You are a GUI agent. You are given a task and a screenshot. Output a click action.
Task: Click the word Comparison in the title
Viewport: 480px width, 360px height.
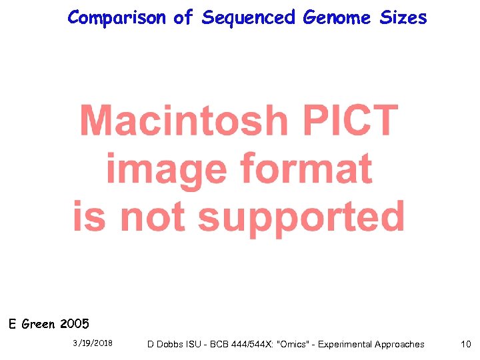click(117, 18)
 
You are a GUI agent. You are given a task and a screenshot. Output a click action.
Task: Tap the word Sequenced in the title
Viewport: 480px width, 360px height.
click(249, 18)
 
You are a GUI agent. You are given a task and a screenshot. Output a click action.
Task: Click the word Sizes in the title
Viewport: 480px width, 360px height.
click(403, 18)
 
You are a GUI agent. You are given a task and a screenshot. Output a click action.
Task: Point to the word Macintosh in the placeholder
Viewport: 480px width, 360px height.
click(183, 121)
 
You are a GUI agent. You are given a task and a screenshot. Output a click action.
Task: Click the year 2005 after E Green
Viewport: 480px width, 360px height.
click(74, 325)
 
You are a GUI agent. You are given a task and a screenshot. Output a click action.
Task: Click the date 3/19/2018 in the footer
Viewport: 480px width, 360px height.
click(93, 343)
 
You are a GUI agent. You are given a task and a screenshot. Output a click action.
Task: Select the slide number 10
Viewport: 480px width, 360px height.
click(465, 344)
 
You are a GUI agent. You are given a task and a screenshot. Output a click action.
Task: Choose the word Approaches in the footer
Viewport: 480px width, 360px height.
click(399, 344)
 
